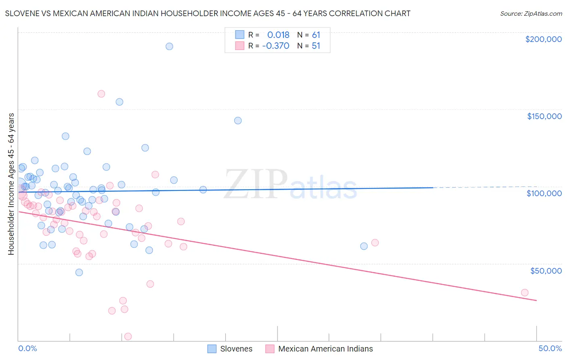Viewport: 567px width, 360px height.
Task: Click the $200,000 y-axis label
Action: [x=543, y=39]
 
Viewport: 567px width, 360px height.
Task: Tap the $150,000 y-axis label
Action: [x=544, y=116]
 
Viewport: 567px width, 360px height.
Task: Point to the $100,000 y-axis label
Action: [x=544, y=193]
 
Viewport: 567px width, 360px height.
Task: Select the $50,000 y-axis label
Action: [x=546, y=270]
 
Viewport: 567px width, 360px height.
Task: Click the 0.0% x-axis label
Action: [x=27, y=348]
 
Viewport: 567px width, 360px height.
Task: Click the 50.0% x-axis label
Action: [x=550, y=348]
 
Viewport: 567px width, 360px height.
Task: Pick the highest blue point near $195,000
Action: [x=169, y=46]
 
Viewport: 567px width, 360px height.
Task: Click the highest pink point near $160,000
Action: [x=101, y=94]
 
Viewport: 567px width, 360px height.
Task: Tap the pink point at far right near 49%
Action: [x=525, y=293]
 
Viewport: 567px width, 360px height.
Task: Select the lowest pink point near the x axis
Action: [x=128, y=337]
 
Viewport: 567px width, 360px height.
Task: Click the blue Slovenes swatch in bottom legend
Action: [x=212, y=349]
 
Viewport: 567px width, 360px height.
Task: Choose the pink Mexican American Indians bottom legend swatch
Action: [x=270, y=349]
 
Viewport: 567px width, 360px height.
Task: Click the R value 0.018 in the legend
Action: [x=278, y=35]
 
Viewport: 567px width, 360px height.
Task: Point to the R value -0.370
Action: [x=276, y=46]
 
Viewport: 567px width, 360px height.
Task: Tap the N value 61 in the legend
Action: [x=316, y=35]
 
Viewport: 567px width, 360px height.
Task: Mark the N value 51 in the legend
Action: [x=316, y=46]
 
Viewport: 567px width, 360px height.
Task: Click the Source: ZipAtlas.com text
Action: [x=531, y=13]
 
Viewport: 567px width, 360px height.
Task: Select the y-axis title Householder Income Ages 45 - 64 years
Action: [x=11, y=184]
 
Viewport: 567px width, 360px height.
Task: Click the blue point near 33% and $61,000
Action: [x=364, y=246]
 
